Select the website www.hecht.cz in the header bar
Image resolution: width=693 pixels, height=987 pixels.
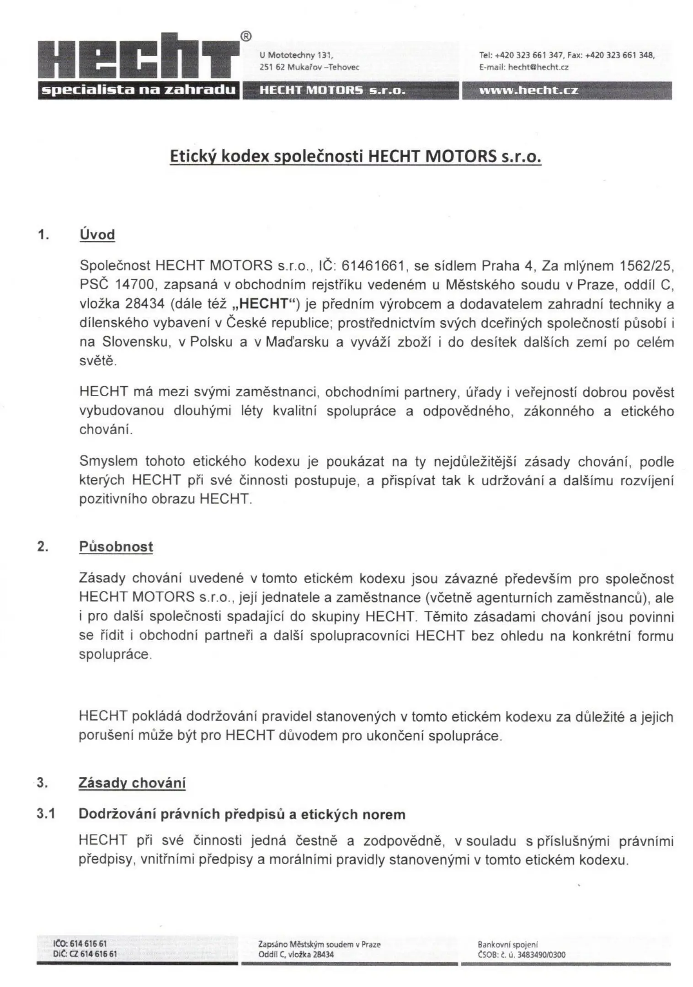pos(528,90)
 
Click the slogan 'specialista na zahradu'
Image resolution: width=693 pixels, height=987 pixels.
pos(138,90)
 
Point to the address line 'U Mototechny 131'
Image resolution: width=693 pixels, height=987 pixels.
pos(296,55)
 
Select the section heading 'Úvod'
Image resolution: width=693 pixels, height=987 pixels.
pos(97,235)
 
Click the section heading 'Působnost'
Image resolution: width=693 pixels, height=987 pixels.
pos(116,547)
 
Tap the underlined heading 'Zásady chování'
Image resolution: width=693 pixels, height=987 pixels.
pos(132,783)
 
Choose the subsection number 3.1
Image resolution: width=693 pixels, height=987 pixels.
pos(46,814)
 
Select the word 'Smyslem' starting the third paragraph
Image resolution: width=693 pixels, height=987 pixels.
pos(108,461)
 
